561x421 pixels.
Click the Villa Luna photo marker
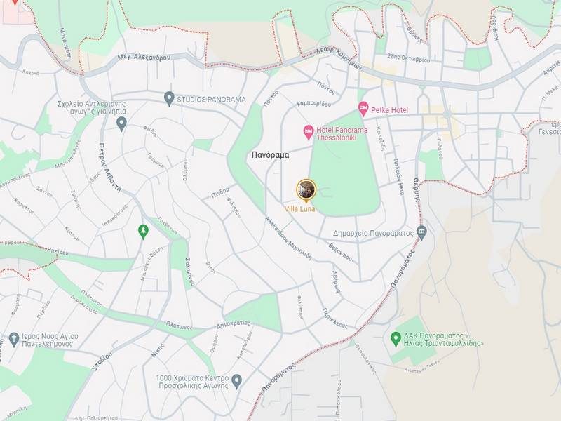coord(306,189)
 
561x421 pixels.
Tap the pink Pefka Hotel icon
coord(363,108)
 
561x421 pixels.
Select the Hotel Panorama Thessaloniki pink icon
coord(308,132)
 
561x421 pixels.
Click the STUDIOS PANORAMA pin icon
coord(168,98)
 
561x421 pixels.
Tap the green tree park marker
coord(144,231)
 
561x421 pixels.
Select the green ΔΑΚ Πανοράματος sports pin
coord(396,338)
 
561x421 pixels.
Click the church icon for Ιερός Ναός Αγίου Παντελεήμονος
coord(14,340)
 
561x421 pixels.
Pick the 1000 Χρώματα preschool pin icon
coord(237,381)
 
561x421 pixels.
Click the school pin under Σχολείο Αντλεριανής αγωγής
coord(121,123)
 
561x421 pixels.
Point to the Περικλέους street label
coord(335,319)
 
